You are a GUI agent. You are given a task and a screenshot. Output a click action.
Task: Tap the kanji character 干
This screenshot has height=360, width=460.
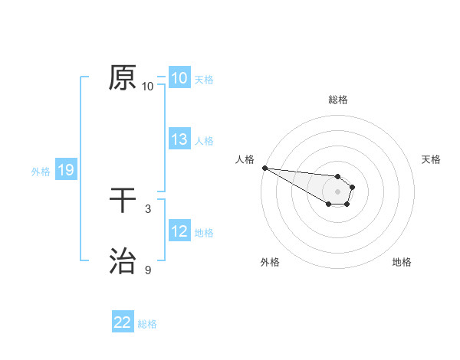(123, 201)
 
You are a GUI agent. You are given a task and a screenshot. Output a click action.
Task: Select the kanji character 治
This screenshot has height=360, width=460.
(123, 261)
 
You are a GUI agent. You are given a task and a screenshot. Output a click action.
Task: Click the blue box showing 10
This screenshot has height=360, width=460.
(179, 78)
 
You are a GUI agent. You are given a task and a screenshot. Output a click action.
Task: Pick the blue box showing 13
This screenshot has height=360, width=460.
(179, 139)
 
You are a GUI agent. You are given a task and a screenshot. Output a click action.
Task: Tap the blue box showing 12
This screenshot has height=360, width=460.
(179, 231)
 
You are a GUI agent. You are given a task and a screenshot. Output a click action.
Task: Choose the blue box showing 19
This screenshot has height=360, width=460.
(65, 170)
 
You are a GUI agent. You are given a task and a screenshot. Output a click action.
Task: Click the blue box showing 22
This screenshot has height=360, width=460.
(123, 322)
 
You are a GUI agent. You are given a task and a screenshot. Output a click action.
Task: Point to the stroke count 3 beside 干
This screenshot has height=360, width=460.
(148, 208)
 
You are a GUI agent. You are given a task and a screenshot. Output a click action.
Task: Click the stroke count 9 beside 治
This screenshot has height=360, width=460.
(148, 270)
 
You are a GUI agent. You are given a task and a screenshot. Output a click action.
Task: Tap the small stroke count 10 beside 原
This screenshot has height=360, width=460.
(148, 87)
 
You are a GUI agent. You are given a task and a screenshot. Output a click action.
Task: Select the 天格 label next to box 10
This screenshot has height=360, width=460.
(204, 80)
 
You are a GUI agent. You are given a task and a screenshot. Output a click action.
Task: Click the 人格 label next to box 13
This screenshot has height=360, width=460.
(204, 141)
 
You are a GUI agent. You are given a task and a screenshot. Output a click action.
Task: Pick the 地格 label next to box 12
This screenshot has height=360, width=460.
(204, 233)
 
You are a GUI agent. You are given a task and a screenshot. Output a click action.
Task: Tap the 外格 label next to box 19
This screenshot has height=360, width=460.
(41, 172)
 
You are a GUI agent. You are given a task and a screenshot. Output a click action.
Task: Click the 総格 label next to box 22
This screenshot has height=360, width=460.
(147, 324)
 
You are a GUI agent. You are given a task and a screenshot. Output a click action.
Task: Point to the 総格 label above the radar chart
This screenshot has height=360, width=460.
(338, 100)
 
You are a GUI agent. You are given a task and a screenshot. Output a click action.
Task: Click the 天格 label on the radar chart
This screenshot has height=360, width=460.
(431, 159)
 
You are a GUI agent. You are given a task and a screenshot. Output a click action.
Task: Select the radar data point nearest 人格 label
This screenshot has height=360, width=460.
(264, 168)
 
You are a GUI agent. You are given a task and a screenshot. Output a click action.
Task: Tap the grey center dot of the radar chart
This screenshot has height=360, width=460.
(337, 191)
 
